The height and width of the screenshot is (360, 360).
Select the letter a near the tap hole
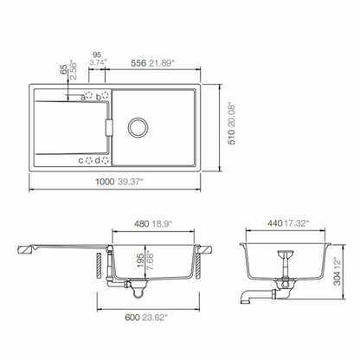83,97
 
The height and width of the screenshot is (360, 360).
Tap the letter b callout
99,97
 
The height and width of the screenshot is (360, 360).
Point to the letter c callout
80,160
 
